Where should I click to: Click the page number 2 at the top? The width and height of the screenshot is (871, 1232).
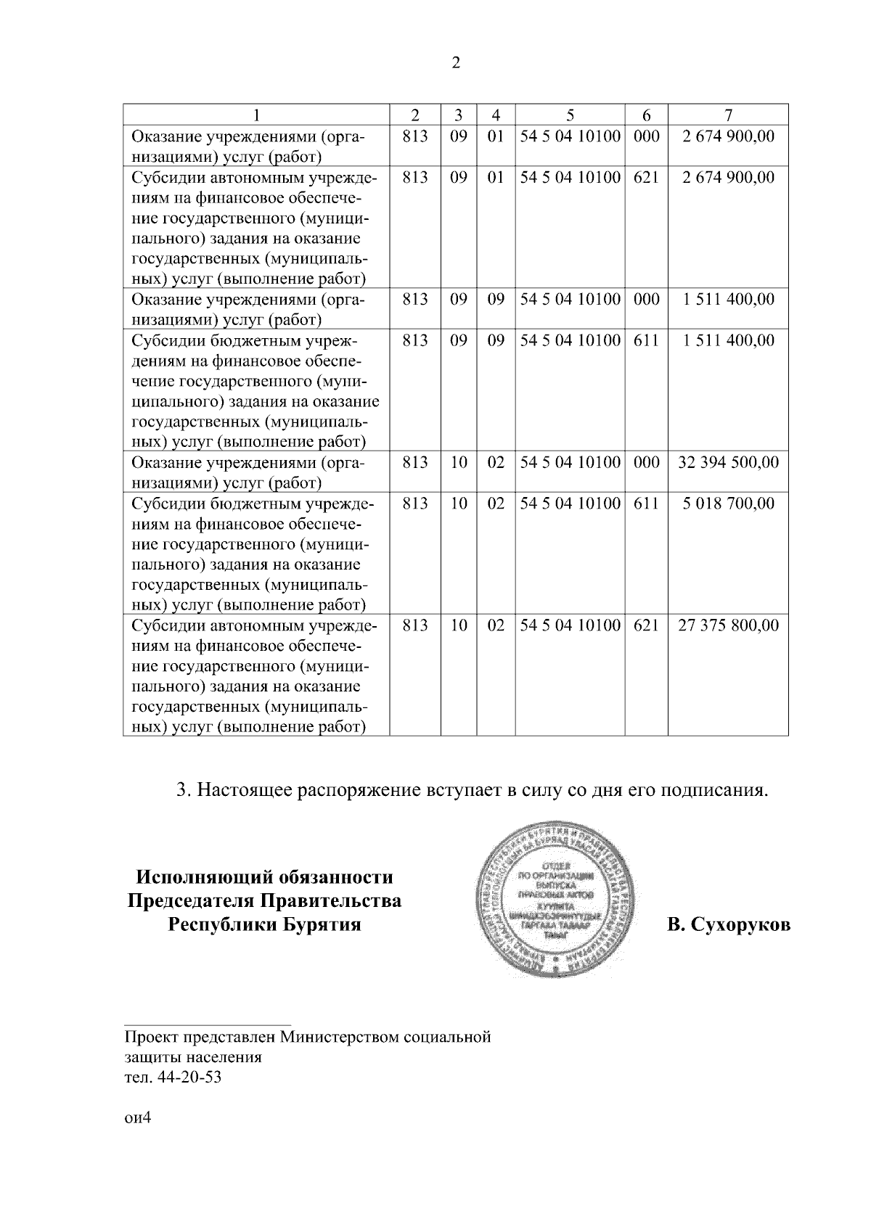tap(456, 63)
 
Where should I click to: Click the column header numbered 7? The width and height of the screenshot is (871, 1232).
tap(728, 115)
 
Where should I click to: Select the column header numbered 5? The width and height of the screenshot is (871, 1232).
tap(570, 115)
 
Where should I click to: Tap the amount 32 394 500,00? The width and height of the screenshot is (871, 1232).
tap(728, 462)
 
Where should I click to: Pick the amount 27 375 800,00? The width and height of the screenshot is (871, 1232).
tap(728, 625)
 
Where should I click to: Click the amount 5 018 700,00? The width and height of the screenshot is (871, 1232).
tap(728, 503)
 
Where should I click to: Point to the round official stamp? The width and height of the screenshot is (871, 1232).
tap(557, 902)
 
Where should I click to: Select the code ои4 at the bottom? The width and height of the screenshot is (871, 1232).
tap(136, 1118)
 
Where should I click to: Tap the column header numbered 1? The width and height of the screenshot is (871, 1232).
tap(255, 115)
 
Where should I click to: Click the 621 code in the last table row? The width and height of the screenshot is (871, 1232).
tap(645, 625)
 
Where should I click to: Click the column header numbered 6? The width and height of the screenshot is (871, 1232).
tap(645, 115)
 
